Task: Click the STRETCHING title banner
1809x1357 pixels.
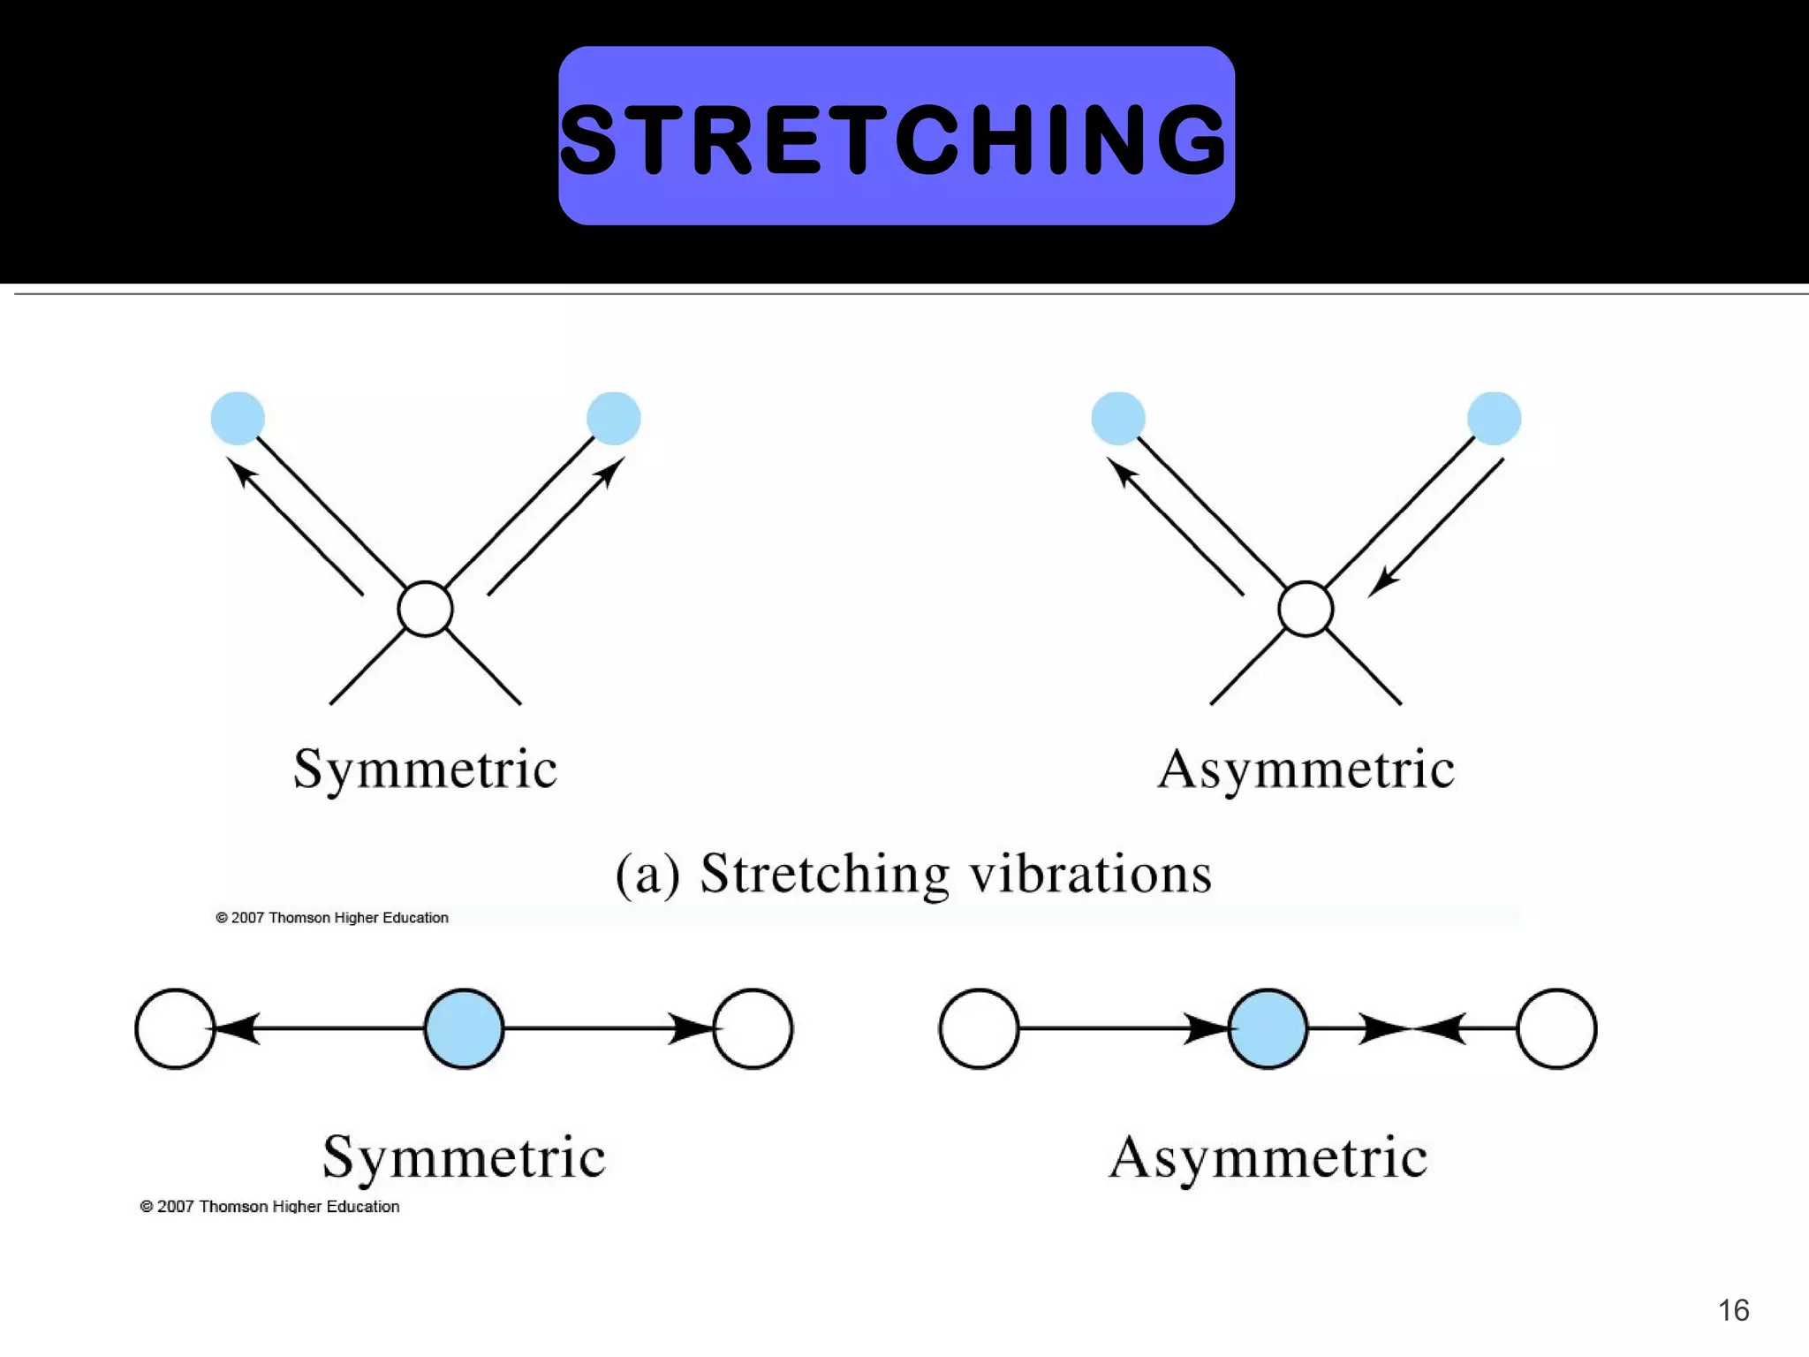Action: [896, 136]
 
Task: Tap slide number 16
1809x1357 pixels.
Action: [1733, 1309]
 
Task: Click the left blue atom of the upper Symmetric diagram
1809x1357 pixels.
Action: [238, 418]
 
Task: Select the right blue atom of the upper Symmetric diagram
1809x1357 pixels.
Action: [613, 418]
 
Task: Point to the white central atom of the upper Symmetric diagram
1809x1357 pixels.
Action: [425, 609]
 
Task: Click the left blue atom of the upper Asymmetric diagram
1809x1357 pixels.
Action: [1118, 418]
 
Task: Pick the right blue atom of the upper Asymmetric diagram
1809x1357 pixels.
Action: [1494, 418]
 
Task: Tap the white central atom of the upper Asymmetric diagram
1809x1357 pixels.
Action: [1306, 609]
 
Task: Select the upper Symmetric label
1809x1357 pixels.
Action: [425, 769]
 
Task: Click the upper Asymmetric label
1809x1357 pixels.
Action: [1306, 769]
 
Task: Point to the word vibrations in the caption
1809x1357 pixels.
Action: [1090, 874]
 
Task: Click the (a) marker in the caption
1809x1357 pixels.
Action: [647, 876]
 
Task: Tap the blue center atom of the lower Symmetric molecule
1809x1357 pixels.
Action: [464, 1028]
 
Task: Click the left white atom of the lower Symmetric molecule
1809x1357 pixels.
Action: [175, 1028]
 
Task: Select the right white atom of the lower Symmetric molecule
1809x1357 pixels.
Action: [753, 1028]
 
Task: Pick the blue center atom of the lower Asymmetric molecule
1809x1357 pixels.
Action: [1268, 1028]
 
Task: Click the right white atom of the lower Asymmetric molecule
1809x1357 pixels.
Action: [1556, 1028]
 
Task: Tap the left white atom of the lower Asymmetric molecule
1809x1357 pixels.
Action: [979, 1028]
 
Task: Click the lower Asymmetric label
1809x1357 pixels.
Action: [1268, 1157]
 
